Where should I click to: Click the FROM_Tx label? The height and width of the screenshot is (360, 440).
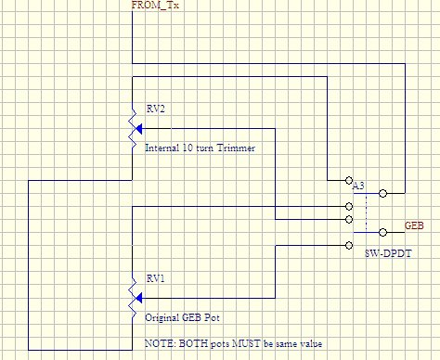155,5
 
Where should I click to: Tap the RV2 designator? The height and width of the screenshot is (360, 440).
155,109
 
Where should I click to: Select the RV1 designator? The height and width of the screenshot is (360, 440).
155,278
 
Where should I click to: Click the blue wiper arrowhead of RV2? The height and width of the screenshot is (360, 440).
138,128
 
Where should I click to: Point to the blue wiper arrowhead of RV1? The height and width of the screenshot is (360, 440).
138,298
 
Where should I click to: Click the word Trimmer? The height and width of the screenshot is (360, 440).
236,148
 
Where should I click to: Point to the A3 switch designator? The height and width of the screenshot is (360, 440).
358,186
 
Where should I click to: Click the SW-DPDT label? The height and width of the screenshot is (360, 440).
388,253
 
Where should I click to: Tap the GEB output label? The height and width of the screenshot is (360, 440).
414,225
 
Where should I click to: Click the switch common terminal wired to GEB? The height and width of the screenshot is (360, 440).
382,232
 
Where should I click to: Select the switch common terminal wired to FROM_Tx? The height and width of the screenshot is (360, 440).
382,193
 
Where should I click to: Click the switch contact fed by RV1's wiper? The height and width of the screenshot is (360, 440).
349,245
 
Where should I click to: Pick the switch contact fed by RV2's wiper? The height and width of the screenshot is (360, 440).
349,219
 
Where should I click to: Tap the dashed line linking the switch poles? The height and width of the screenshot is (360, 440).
367,212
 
